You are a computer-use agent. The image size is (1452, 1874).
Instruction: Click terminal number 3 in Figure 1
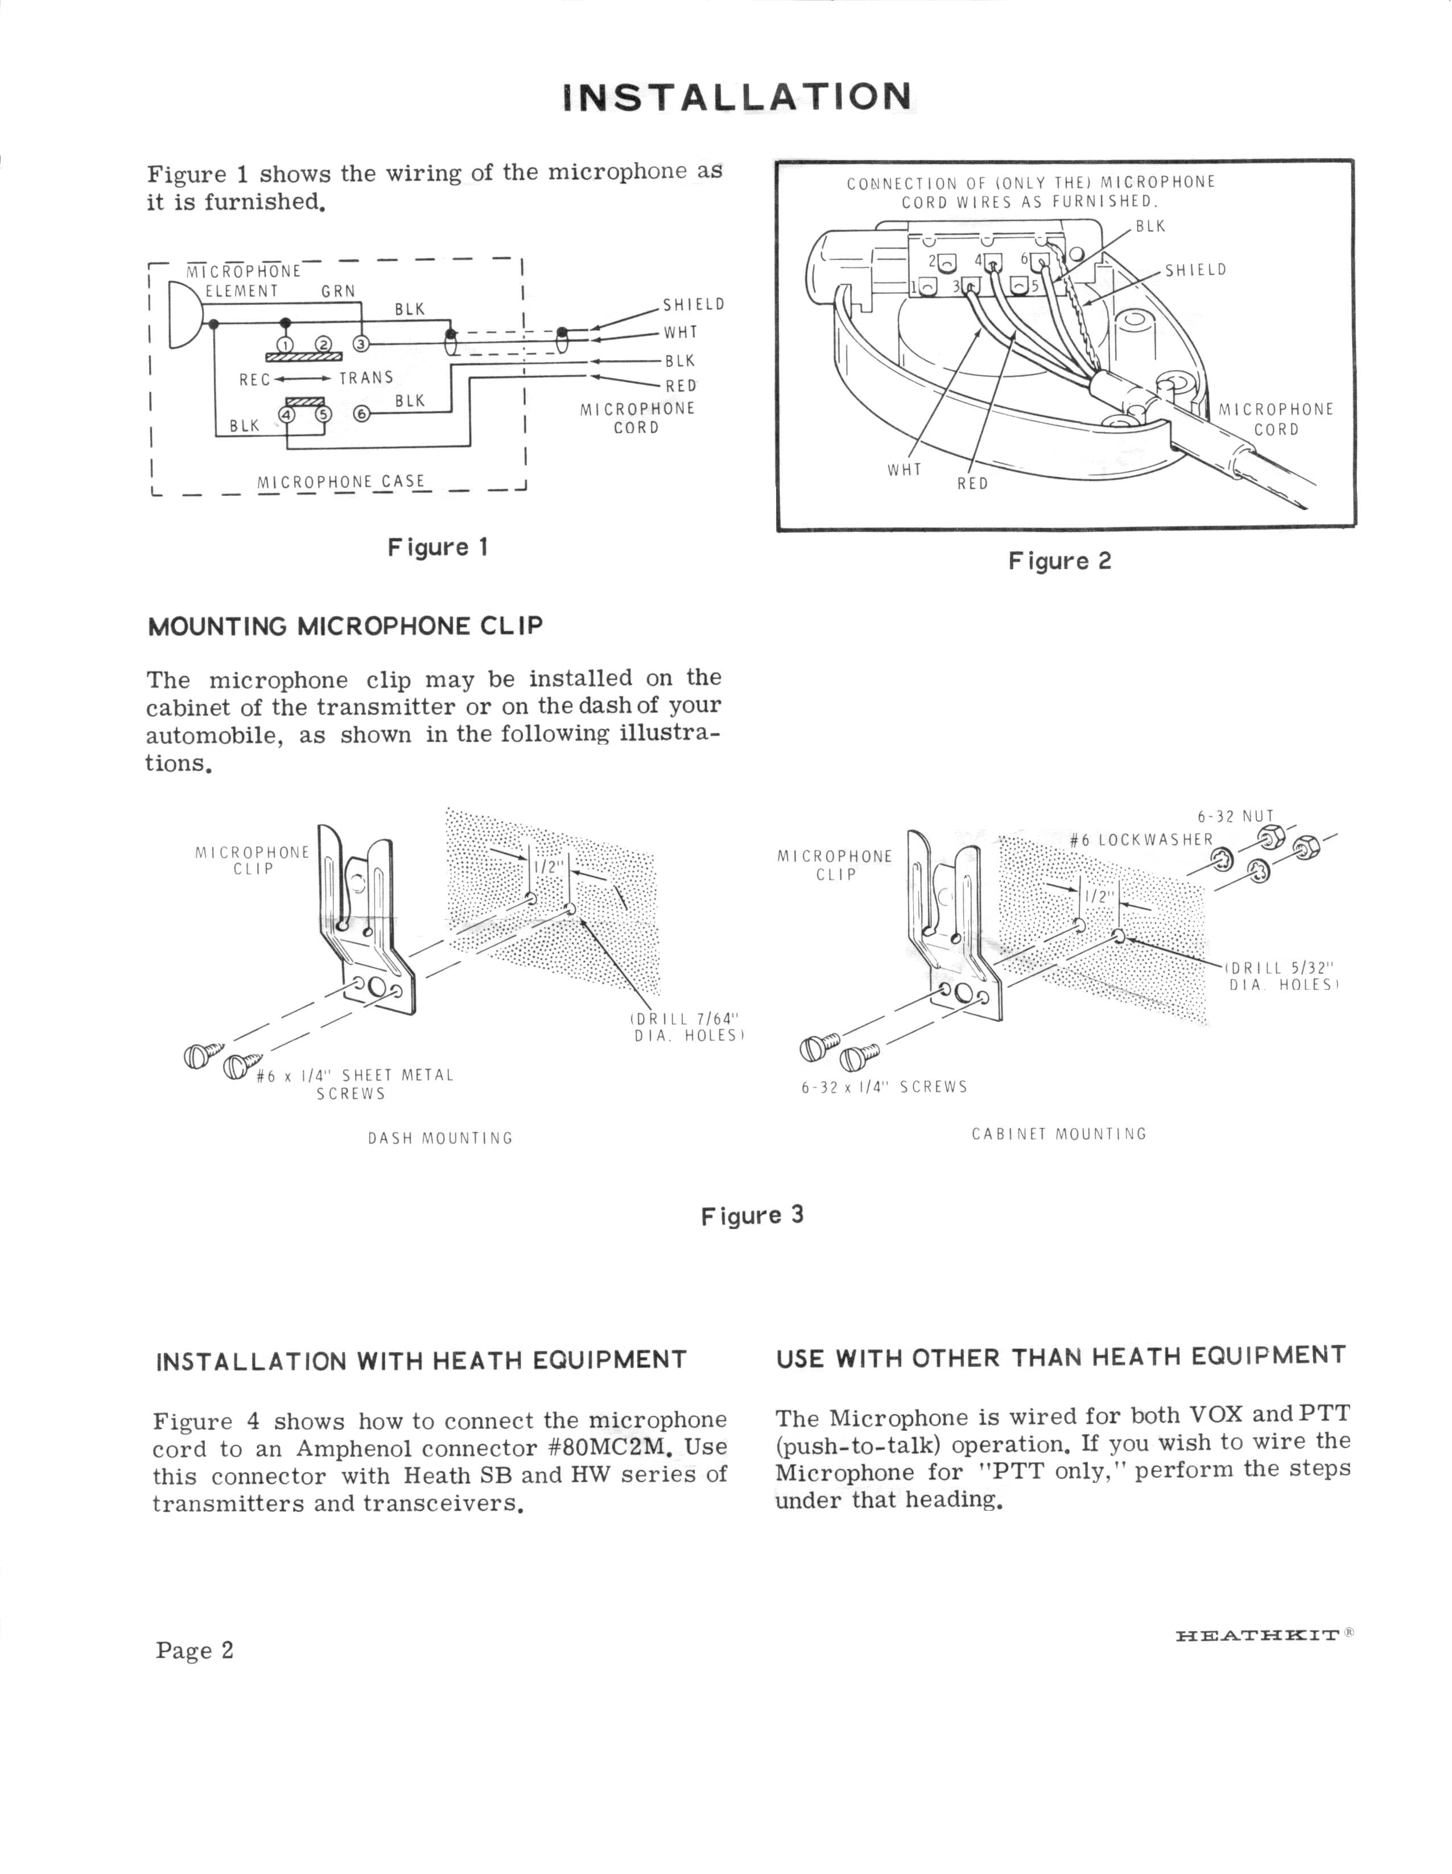click(361, 344)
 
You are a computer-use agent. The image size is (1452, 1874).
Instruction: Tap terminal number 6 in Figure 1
click(361, 414)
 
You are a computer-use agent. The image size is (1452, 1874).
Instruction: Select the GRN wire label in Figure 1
click(338, 291)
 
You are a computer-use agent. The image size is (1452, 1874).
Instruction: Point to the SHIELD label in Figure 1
click(693, 305)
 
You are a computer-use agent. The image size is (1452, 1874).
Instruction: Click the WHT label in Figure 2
click(904, 470)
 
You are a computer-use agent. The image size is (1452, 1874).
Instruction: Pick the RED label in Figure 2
click(972, 484)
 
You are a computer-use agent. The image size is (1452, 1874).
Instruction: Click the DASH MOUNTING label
click(440, 1139)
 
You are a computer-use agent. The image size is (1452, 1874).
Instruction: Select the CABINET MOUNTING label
click(1059, 1133)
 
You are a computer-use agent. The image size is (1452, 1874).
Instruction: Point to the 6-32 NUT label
click(1235, 816)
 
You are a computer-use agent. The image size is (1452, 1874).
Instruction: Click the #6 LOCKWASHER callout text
click(1141, 840)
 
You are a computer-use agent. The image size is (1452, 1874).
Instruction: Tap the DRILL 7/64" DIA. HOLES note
click(686, 1027)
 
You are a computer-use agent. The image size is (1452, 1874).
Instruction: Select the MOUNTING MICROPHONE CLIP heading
click(345, 626)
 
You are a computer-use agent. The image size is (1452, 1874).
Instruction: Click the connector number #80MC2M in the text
click(607, 1448)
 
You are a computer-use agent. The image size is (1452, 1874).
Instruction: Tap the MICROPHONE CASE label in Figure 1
click(340, 482)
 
